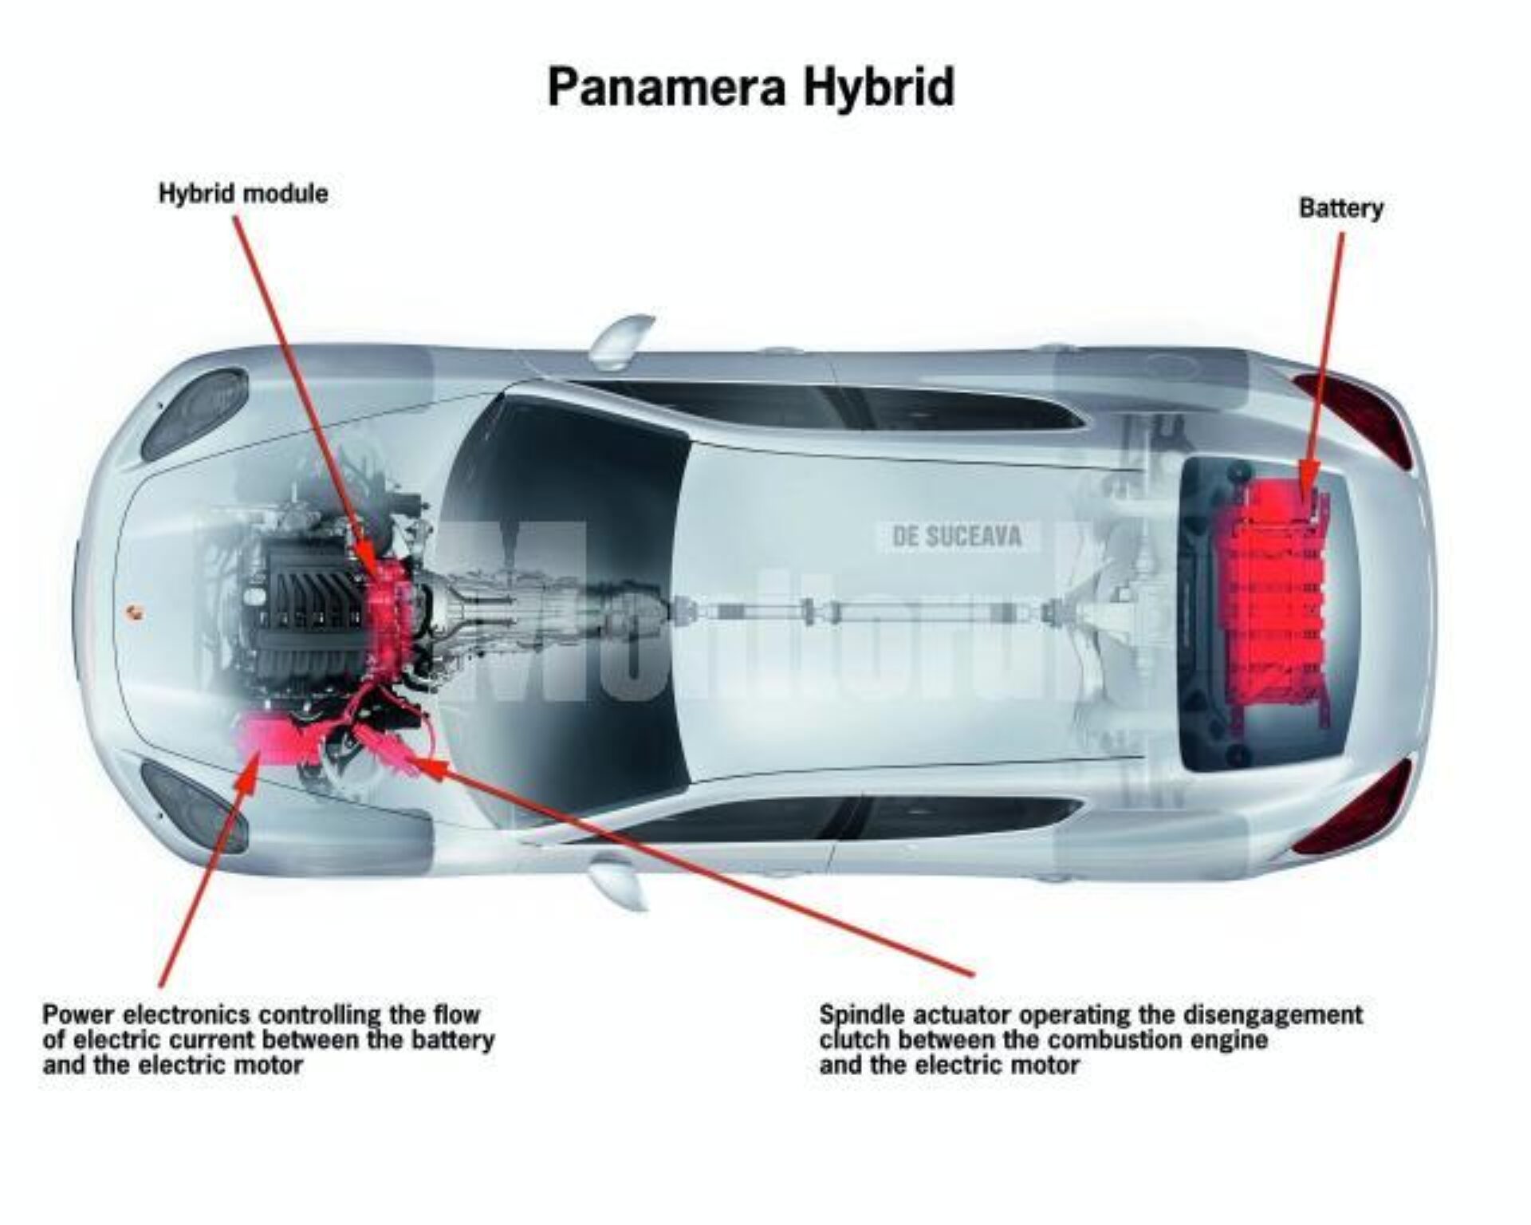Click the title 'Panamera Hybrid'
750,88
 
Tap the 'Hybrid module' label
243,194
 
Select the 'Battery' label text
1340,209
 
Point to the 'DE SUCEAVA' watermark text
957,537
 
